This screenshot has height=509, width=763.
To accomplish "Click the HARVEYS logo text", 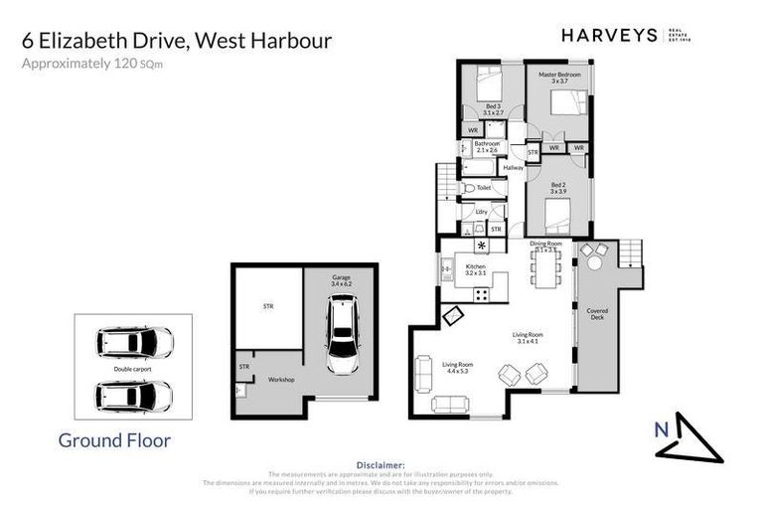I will (x=609, y=35).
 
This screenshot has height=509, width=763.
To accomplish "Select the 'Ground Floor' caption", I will (x=114, y=439).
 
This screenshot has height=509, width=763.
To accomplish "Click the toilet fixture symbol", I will (x=469, y=188).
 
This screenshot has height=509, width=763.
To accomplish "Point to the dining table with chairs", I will (x=545, y=266).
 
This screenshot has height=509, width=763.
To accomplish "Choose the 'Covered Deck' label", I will (x=597, y=314).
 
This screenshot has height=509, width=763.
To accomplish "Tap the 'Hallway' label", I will (x=514, y=167).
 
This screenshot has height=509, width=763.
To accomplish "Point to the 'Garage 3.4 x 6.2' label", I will (x=342, y=281).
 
